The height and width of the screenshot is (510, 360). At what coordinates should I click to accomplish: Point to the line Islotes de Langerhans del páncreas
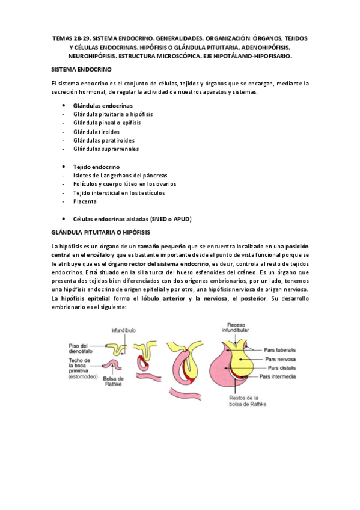point(120,175)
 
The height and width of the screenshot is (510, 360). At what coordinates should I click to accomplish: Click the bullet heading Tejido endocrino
point(96,166)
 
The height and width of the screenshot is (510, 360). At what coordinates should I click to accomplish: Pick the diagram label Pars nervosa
point(281,358)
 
